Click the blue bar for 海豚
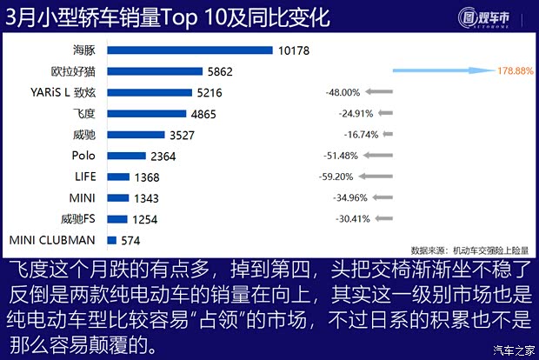190,50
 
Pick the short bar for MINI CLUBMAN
111,239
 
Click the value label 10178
295,50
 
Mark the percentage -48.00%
342,91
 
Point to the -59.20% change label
336,176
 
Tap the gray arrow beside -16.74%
388,134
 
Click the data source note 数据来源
462,247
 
